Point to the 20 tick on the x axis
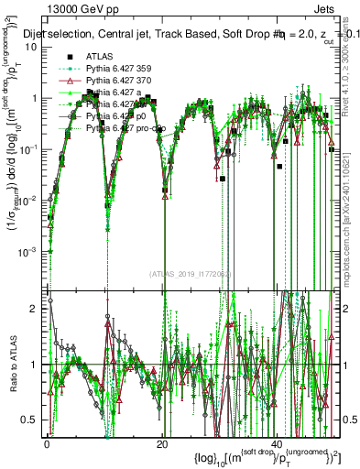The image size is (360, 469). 161,443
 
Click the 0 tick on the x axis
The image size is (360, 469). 46,443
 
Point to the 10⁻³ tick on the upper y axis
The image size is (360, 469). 30,251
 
